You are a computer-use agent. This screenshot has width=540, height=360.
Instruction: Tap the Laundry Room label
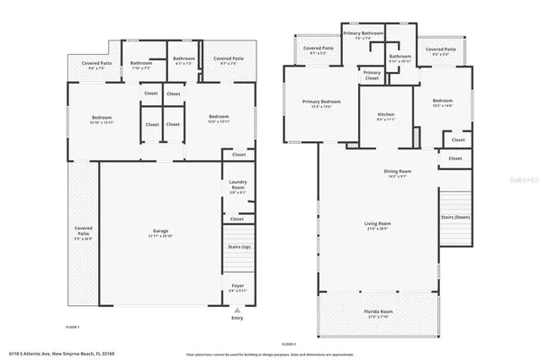[x=238, y=186]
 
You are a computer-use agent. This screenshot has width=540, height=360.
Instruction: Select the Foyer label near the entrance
[x=238, y=288]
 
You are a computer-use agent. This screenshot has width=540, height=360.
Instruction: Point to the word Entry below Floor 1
[x=238, y=318]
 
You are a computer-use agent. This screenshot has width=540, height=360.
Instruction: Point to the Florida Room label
[x=377, y=314]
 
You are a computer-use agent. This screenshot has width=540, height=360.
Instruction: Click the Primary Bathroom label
[x=364, y=35]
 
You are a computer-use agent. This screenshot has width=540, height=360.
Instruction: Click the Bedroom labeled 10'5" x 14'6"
[x=442, y=103]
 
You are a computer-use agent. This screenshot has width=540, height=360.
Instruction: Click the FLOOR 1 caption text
[x=72, y=326]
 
